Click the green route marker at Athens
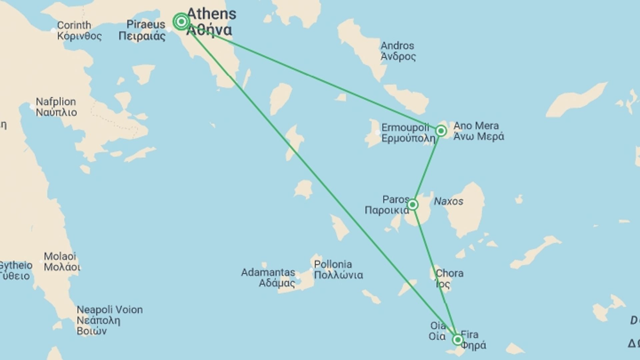tap(181, 22)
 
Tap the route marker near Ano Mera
tap(441, 131)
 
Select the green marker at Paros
tap(412, 204)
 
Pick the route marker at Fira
tap(458, 340)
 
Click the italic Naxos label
tap(448, 201)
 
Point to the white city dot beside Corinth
tap(53, 31)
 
